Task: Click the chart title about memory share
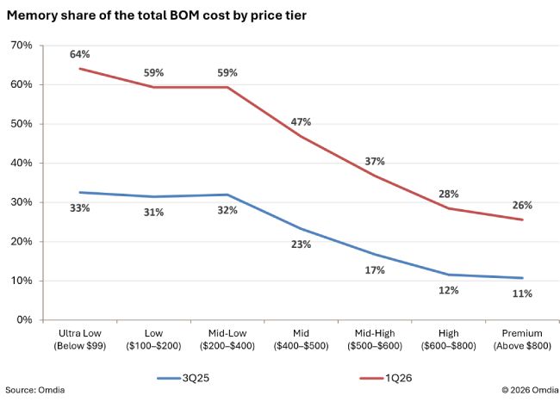coord(157,15)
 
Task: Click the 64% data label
coord(79,54)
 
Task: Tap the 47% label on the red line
coord(301,122)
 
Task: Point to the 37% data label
coord(375,161)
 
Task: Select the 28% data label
coord(449,195)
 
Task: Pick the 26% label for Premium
coord(522,205)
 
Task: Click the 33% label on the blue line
coord(79,208)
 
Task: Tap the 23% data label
coord(301,244)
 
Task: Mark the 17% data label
coord(375,270)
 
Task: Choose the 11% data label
coord(522,294)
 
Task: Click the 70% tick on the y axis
coord(22,46)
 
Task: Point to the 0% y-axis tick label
coord(24,320)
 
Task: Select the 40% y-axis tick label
coord(22,164)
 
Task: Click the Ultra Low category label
coord(79,339)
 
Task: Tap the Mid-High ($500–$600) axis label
coord(375,339)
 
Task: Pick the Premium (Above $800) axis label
coord(522,339)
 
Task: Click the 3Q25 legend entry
coord(184,378)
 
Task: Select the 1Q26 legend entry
coord(386,378)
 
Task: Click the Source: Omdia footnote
coord(35,390)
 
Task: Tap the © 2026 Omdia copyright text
coord(530,390)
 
